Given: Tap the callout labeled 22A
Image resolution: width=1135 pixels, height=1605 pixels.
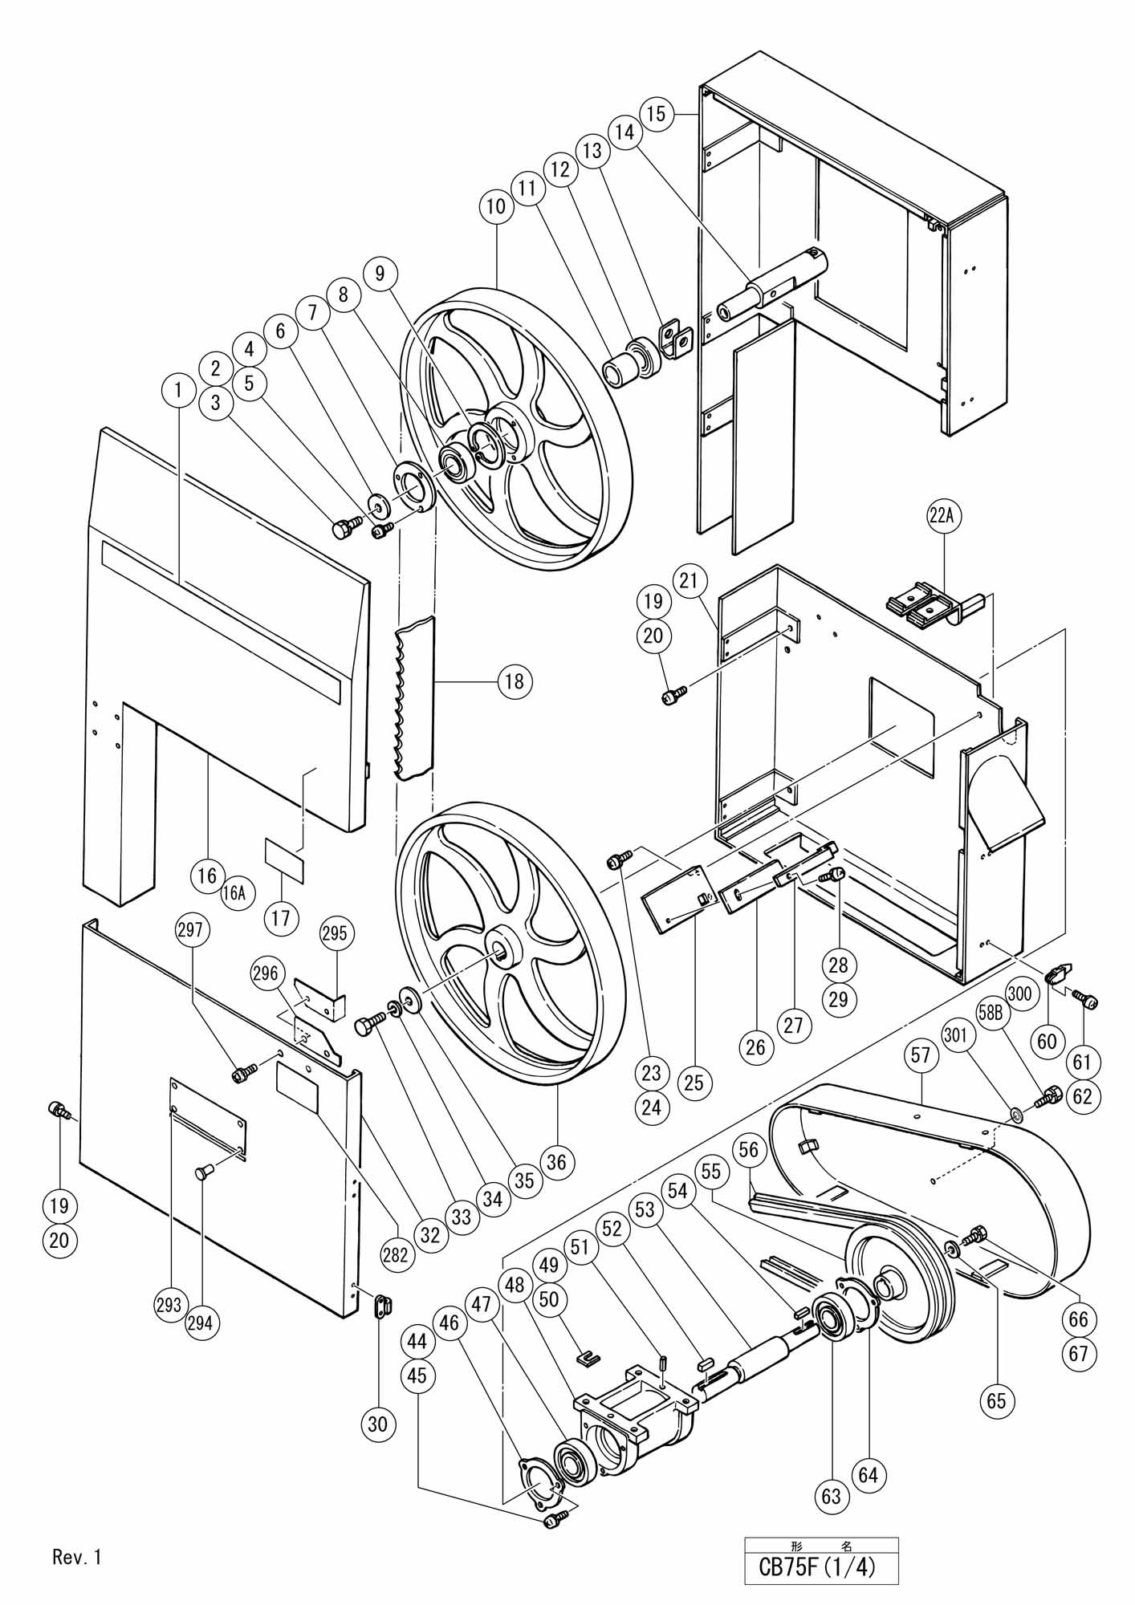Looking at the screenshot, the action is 942,518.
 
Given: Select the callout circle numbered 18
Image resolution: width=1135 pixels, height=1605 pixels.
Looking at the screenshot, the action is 514,681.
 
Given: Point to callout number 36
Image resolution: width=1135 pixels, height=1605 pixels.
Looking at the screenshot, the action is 556,1161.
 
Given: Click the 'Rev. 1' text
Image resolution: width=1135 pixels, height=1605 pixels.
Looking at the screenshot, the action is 77,1558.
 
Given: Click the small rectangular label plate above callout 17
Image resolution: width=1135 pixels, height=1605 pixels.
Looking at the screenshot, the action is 285,859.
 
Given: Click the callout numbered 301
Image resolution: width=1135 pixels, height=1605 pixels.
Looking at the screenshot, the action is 956,1036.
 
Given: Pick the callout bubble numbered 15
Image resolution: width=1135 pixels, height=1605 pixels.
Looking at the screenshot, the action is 657,114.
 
